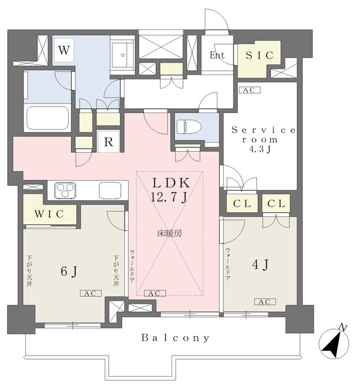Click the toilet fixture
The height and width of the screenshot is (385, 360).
click(x=188, y=126)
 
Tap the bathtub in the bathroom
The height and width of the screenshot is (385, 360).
click(x=48, y=119)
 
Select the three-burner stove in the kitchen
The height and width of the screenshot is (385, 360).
click(x=65, y=190)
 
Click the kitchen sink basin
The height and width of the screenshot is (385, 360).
click(x=110, y=191)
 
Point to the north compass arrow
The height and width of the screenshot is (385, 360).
click(x=334, y=343)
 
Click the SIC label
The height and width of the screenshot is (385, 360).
click(x=259, y=55)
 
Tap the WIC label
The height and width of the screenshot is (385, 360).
click(x=49, y=214)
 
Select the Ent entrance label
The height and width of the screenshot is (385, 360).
click(x=217, y=55)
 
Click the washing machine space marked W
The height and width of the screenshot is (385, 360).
click(x=64, y=50)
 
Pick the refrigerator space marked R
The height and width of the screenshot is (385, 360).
click(x=108, y=141)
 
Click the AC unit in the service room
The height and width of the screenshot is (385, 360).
click(x=250, y=90)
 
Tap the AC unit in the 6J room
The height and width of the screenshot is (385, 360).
click(x=91, y=293)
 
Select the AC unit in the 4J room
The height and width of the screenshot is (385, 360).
click(x=265, y=301)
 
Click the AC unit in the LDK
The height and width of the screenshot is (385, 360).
click(x=155, y=293)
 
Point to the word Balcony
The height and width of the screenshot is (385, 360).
click(x=175, y=338)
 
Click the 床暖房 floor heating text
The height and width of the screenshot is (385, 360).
click(x=170, y=233)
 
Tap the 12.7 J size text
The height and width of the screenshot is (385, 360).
click(x=169, y=197)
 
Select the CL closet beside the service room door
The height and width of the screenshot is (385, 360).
click(x=242, y=203)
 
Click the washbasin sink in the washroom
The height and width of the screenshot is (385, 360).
click(x=123, y=55)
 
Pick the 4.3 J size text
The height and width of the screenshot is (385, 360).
click(x=260, y=149)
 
